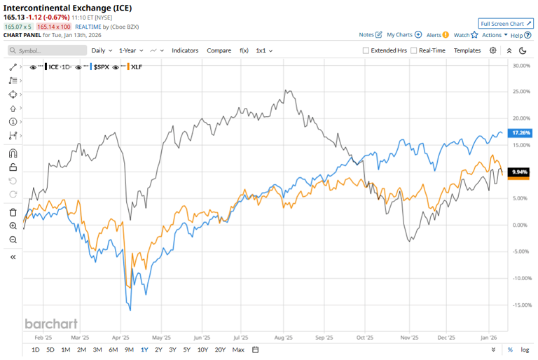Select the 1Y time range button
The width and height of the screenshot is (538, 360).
[x=144, y=349]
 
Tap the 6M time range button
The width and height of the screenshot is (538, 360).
[x=113, y=349]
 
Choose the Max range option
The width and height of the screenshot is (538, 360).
[x=238, y=349]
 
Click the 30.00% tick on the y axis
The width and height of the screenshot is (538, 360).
[x=520, y=65]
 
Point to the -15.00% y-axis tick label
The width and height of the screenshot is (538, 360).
[x=520, y=305]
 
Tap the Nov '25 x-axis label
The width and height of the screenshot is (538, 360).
[x=406, y=336]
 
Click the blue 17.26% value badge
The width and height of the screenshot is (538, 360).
[x=520, y=132]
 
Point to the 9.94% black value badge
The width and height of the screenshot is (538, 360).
[x=519, y=172]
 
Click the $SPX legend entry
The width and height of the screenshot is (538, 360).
[x=100, y=67]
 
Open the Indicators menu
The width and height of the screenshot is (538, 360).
[x=185, y=50]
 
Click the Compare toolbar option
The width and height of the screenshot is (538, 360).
[x=219, y=50]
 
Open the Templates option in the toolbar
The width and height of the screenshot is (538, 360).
[x=467, y=50]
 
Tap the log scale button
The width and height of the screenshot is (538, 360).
[x=525, y=349]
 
